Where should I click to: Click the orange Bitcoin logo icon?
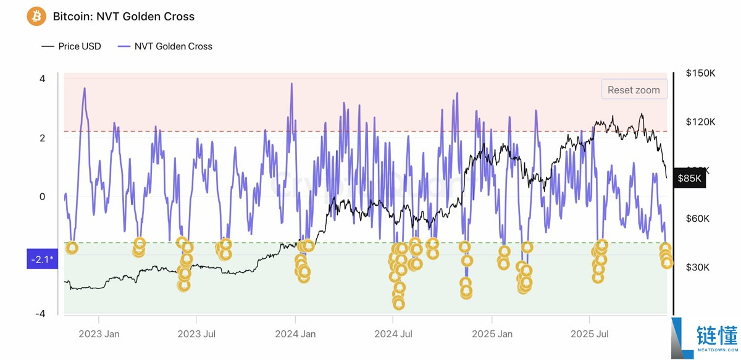tap(36, 16)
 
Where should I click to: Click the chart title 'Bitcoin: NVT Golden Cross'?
tap(124, 17)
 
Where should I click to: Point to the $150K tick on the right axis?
tap(700, 73)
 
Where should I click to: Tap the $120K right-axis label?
tap(700, 122)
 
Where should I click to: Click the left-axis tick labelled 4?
tap(42, 79)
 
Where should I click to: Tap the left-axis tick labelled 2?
tap(42, 138)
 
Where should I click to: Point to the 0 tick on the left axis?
tap(42, 197)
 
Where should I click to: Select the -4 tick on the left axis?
tap(40, 314)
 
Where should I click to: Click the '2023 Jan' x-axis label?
tap(99, 334)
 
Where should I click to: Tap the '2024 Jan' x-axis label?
tap(295, 334)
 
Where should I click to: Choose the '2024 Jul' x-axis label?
tap(393, 334)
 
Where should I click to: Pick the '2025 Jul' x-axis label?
tap(589, 334)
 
